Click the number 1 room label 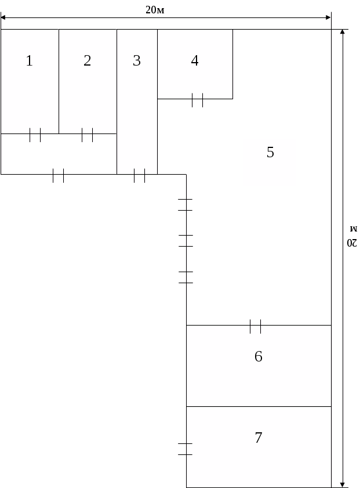coord(29,61)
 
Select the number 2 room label coord(88,61)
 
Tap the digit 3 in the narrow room coord(137,61)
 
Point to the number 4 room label coord(195,61)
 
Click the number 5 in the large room coord(271,152)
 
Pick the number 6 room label coord(259,356)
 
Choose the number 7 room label coord(259,438)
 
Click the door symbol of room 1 coord(35,135)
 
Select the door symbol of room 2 coord(88,135)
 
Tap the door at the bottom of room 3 coord(140,176)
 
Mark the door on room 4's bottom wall coord(198,100)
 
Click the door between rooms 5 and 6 coord(256,327)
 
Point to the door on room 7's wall coord(186,449)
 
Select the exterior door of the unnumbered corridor coord(58,176)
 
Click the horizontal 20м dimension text coord(155,10)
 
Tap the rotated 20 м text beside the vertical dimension coord(352,237)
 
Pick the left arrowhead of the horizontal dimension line coord(3,17)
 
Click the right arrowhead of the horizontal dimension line coord(328,17)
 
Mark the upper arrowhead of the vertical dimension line coord(342,32)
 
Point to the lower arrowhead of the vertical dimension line coord(342,485)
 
